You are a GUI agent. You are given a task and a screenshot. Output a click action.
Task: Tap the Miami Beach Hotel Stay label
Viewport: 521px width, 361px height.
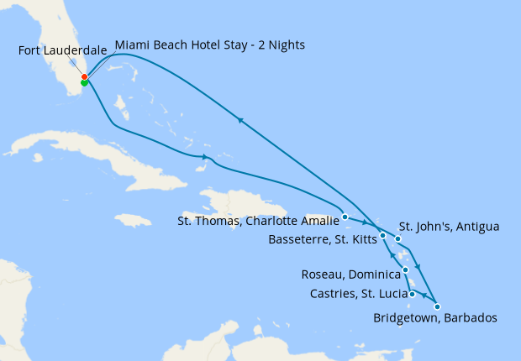pos(209,44)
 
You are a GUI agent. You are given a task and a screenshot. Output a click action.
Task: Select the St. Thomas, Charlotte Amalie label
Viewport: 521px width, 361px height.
pos(258,222)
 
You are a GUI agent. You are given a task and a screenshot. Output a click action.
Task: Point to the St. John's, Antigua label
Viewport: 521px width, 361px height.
pos(449,227)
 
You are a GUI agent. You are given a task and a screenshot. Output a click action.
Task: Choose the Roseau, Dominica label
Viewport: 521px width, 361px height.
pos(350,275)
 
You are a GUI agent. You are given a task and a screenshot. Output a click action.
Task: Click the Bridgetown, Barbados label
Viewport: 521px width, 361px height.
pos(435,318)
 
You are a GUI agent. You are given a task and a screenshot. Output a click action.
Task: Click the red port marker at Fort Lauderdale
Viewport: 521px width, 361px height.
pos(84,77)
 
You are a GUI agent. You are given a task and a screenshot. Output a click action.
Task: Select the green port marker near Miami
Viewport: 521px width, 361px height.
pos(84,83)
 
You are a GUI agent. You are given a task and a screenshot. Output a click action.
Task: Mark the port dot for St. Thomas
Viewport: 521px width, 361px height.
pos(345,217)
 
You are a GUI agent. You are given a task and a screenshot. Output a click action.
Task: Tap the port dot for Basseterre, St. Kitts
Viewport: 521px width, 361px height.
pos(382,236)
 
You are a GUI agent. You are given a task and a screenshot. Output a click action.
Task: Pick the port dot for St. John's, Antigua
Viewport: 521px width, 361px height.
pos(398,239)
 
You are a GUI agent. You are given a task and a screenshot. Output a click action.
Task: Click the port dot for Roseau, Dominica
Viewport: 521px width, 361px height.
pos(406,270)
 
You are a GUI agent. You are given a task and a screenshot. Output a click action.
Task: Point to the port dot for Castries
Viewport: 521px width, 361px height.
pos(412,294)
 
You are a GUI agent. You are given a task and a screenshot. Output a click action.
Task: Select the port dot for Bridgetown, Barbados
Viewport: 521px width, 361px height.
pos(437,306)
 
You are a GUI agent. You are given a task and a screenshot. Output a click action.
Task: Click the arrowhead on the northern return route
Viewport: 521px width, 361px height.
pos(240,121)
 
